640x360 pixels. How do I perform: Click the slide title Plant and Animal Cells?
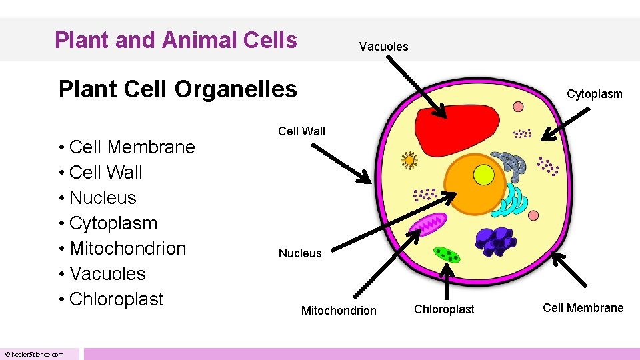175,40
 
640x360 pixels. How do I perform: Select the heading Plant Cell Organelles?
177,89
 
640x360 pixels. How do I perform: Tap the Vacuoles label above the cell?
383,46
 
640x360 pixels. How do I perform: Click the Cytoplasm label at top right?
594,94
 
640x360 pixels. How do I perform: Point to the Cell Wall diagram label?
301,131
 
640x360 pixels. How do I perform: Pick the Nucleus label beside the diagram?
299,253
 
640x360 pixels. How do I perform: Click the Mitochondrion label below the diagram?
339,310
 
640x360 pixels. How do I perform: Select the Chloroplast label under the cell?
444,309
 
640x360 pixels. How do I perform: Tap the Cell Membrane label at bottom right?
583,307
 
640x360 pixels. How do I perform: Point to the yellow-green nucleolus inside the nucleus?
483,175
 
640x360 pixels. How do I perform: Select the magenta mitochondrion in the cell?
428,224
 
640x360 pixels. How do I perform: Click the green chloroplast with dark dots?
447,254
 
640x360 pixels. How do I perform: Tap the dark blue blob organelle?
495,240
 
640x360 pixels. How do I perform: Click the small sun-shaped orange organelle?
409,160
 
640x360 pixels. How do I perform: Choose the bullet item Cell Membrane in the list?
131,147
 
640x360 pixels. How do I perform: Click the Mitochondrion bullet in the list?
127,248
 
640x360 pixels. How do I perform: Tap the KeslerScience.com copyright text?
34,354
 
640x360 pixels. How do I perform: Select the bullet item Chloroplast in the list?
116,299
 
